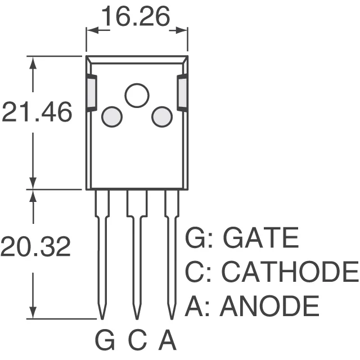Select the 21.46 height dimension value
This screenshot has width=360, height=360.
(x=37, y=113)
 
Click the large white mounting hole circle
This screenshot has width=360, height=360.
(x=137, y=95)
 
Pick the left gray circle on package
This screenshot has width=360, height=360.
(x=111, y=117)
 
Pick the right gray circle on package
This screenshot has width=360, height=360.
(x=162, y=116)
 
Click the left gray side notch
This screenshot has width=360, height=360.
(x=92, y=93)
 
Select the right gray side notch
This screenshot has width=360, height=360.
(x=182, y=93)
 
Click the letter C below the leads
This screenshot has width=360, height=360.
(x=138, y=340)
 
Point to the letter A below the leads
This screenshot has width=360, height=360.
(x=168, y=340)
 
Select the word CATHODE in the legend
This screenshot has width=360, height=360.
(x=289, y=272)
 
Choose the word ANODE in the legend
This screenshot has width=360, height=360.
(x=269, y=307)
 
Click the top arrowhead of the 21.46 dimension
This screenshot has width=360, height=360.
(x=33, y=61)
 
